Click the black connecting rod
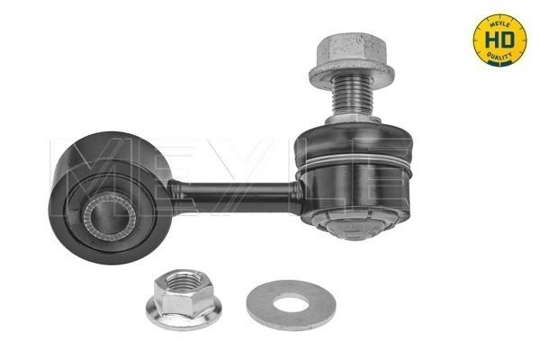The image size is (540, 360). click(x=234, y=191)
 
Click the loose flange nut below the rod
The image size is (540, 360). click(x=184, y=301)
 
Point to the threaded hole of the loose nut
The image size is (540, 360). click(x=184, y=292)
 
